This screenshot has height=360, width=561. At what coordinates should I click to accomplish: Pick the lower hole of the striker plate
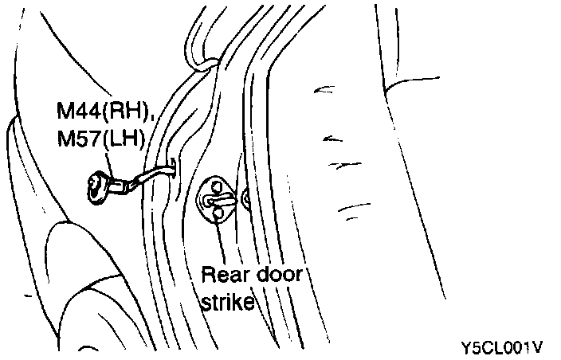point(217,212)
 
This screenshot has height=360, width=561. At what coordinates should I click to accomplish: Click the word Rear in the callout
point(225,275)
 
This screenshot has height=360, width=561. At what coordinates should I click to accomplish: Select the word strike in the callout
point(227,303)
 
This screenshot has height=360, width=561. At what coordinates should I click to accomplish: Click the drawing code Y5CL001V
point(502,347)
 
